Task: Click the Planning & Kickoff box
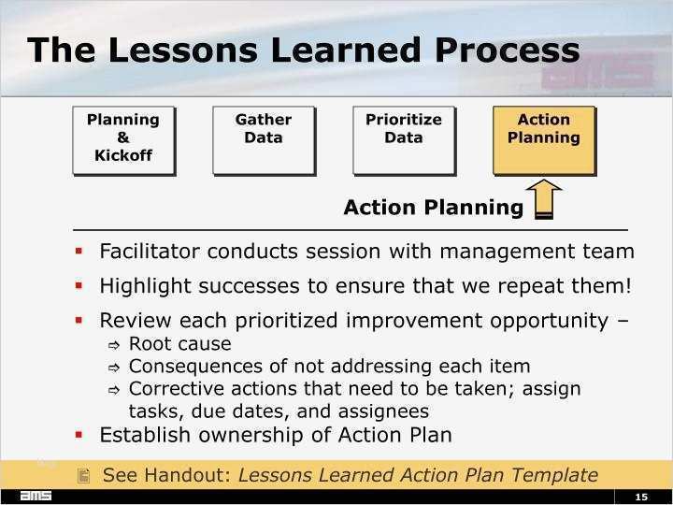pyautogui.click(x=122, y=140)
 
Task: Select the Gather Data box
pyautogui.click(x=263, y=140)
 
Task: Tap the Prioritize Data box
pyautogui.click(x=403, y=140)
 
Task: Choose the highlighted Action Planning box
pyautogui.click(x=543, y=140)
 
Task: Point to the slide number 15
pyautogui.click(x=641, y=496)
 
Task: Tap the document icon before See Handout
pyautogui.click(x=84, y=476)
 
